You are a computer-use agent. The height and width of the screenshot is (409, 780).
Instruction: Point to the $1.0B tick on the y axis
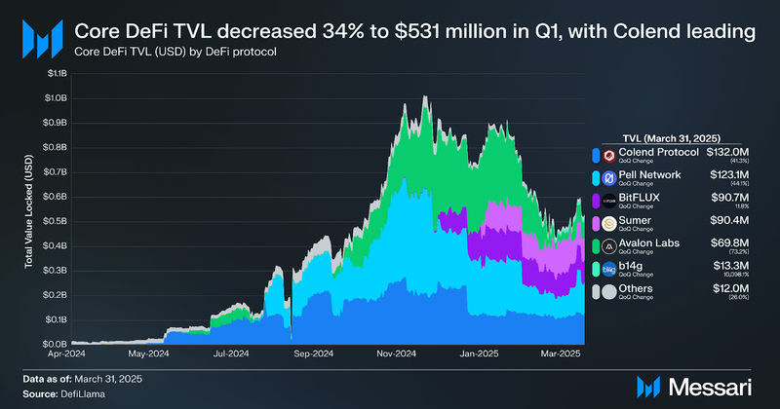(x=54, y=98)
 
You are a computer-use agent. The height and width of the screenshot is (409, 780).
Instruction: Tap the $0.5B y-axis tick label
(x=54, y=221)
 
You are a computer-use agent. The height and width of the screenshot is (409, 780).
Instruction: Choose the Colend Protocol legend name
(x=659, y=153)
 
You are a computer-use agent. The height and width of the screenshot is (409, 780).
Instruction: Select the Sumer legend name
(x=639, y=220)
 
